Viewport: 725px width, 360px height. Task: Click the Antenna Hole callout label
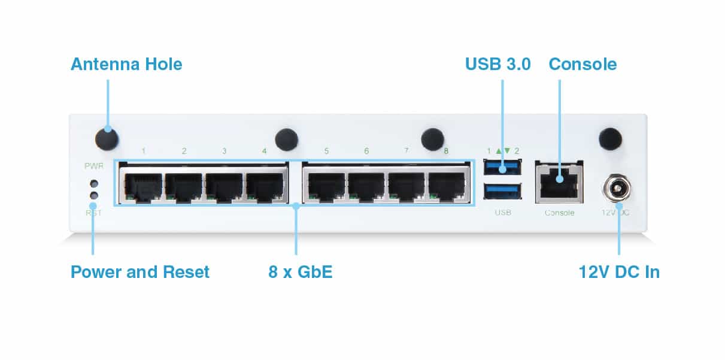[x=126, y=64]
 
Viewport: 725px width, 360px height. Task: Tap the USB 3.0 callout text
[x=498, y=64]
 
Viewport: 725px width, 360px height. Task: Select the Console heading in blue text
[x=583, y=64]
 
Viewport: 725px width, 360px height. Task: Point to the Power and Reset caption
[x=140, y=271]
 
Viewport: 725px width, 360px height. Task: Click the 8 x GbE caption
[x=301, y=271]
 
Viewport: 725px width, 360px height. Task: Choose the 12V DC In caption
[x=619, y=272]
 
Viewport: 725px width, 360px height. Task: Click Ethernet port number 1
[x=143, y=187]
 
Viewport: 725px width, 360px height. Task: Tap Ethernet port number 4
[x=265, y=187]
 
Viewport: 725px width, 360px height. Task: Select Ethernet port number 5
[x=326, y=187]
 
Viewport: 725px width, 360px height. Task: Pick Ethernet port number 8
[x=447, y=187]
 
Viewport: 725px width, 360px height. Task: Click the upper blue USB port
[x=502, y=167]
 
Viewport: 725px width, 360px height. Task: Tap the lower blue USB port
[x=502, y=191]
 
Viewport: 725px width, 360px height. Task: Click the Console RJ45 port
[x=559, y=182]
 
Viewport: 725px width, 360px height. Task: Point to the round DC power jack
[x=617, y=189]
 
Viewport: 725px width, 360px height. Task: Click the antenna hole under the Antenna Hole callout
[x=107, y=139]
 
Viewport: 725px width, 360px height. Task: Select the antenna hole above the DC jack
[x=610, y=139]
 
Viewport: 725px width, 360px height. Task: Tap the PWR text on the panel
[x=94, y=166]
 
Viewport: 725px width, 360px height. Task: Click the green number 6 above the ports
[x=366, y=151]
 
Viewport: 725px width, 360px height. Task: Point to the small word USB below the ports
[x=503, y=213]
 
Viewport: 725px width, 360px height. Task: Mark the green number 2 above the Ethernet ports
[x=184, y=151]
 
